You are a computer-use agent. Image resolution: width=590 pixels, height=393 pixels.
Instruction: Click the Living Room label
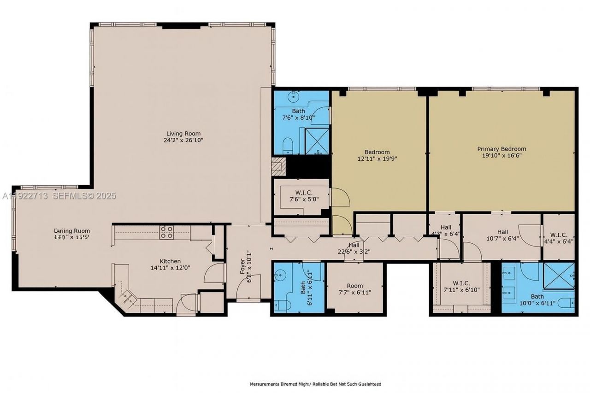[x=183, y=134]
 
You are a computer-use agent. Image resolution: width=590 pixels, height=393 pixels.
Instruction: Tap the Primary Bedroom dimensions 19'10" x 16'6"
[x=501, y=156]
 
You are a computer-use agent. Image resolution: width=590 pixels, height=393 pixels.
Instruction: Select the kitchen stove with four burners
[x=166, y=232]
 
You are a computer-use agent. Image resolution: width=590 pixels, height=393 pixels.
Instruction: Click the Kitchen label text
[x=170, y=261]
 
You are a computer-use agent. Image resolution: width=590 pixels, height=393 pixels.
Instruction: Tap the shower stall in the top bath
[x=317, y=141]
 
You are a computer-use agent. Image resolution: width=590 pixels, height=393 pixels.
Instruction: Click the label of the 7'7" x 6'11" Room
[x=355, y=286]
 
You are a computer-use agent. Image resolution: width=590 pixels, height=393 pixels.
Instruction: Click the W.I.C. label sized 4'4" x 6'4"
[x=558, y=235]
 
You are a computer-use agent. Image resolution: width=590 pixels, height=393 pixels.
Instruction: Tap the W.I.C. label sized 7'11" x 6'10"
[x=460, y=283]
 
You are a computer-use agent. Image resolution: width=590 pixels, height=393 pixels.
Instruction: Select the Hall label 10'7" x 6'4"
[x=502, y=232]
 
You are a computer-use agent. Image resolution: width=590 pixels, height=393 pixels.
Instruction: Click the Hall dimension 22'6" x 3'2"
[x=354, y=252]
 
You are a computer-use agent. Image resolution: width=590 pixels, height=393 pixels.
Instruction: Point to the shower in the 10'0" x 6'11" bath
[x=559, y=276]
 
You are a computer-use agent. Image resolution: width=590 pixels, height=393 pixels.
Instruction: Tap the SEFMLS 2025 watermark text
[x=84, y=196]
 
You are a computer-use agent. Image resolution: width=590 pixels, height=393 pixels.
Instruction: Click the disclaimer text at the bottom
[x=315, y=384]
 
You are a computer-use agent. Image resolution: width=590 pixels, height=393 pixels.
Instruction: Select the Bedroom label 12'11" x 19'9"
[x=377, y=152]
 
